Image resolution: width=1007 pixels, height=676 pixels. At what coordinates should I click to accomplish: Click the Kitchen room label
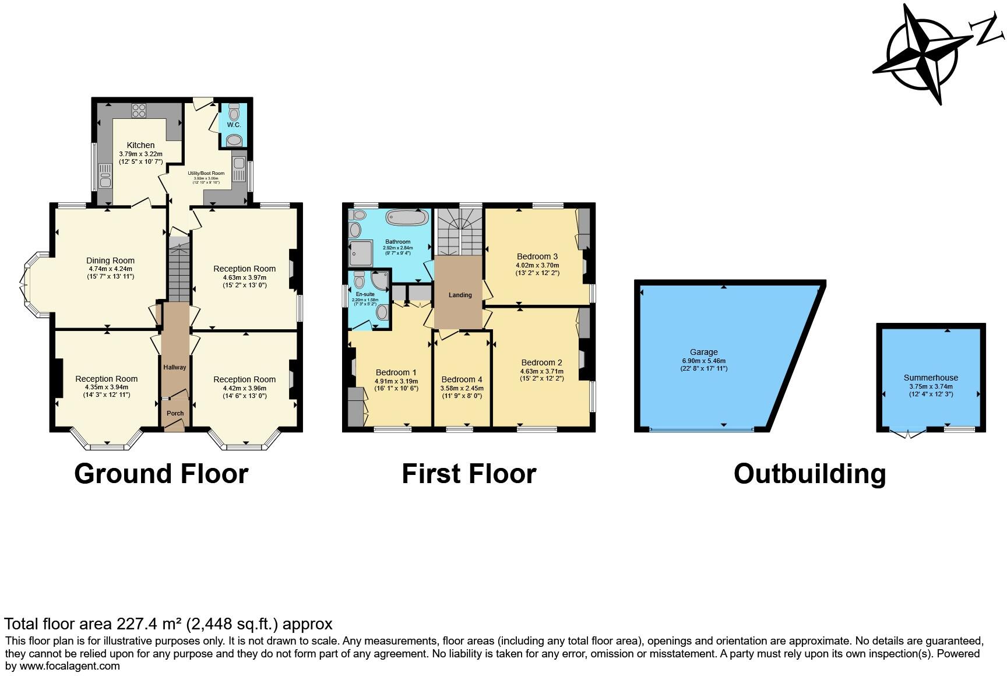point(141,145)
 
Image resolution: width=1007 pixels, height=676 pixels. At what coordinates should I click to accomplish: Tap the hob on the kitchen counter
point(139,110)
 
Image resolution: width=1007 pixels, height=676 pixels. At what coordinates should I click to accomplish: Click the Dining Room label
point(110,260)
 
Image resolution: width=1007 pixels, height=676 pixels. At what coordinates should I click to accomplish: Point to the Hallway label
point(175,367)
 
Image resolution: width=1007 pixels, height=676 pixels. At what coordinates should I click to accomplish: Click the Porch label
point(175,413)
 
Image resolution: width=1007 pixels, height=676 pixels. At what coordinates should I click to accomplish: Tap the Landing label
point(460,295)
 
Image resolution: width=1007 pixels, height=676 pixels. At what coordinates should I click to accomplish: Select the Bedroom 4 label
point(462,379)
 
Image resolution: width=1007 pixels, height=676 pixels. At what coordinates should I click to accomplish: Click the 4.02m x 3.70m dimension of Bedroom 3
point(537,265)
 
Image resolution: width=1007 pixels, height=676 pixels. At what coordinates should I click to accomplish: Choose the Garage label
point(703,352)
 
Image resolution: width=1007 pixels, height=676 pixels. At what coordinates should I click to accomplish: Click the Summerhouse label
point(931,378)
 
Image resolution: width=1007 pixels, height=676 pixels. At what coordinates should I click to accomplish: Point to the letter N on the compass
point(988,31)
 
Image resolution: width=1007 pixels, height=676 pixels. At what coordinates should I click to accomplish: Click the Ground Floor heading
point(161,473)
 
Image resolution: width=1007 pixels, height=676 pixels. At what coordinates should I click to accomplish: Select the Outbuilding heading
point(809,473)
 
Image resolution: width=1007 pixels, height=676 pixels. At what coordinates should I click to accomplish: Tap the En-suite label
point(365,294)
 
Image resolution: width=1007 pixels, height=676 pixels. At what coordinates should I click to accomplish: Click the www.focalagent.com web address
point(70,666)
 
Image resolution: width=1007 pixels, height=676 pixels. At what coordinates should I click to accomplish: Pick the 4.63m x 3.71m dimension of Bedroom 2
point(541,371)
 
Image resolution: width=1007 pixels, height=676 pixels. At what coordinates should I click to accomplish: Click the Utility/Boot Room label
point(206,173)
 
